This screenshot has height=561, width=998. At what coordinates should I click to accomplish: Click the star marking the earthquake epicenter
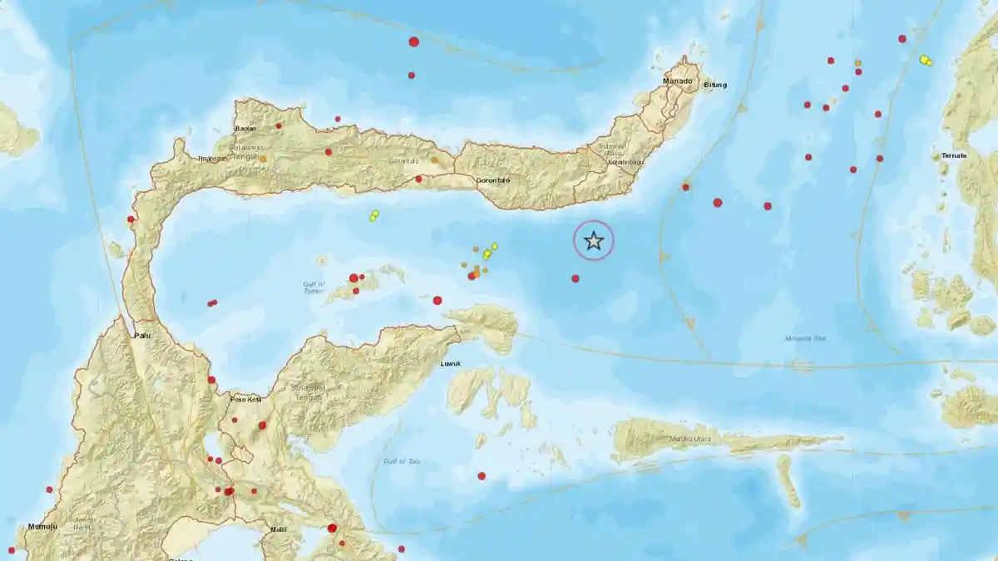click(594, 241)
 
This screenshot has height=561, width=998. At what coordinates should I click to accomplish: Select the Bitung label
click(715, 85)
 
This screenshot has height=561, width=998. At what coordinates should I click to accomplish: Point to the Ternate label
click(954, 156)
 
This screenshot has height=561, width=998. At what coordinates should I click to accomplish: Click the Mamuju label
click(40, 526)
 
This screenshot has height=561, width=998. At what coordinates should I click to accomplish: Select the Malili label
click(278, 529)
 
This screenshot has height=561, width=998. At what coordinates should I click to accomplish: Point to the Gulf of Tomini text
click(314, 288)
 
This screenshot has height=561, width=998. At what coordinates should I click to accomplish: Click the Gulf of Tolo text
click(403, 461)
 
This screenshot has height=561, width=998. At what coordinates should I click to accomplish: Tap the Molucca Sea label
click(804, 338)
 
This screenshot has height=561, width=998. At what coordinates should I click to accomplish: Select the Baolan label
click(245, 128)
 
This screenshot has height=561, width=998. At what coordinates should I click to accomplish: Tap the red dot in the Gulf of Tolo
click(482, 475)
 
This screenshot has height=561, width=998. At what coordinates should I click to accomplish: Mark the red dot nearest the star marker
click(576, 278)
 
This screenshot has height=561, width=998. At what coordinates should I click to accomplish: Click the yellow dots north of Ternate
click(925, 60)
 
